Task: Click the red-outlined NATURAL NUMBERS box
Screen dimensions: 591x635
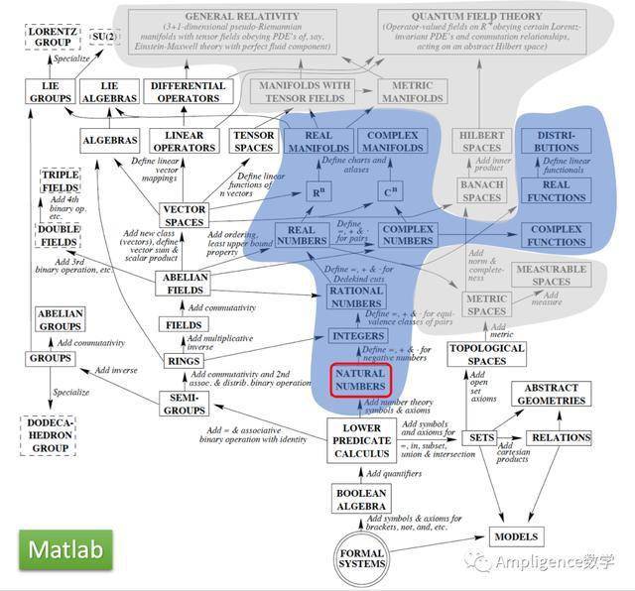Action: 362,379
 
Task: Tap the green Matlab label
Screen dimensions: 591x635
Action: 64,549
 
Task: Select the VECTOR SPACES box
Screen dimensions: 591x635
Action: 184,215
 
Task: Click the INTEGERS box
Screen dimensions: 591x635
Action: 357,336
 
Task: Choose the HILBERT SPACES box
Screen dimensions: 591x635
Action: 482,142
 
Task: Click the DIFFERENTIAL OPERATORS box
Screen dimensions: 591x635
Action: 185,92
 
